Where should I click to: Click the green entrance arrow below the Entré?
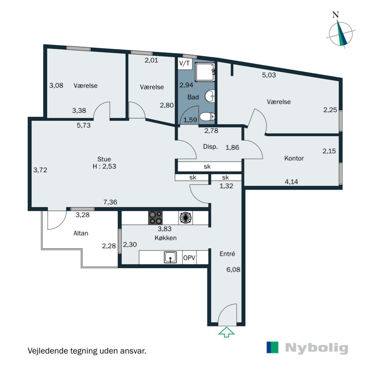click(226, 332)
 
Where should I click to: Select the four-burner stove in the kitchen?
click(155, 217)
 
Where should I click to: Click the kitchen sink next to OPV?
click(170, 257)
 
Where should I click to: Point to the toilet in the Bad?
click(207, 117)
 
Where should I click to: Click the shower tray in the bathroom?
click(205, 72)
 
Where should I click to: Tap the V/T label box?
click(185, 63)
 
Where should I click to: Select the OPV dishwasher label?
click(189, 258)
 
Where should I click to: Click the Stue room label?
click(104, 159)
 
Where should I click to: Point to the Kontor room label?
click(294, 158)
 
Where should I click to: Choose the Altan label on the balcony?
click(80, 233)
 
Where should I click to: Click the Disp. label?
click(210, 147)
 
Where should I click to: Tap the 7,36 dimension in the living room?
click(110, 202)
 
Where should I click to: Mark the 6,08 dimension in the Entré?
click(234, 270)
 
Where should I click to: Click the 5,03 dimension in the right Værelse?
click(269, 75)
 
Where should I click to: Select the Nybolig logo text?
click(316, 348)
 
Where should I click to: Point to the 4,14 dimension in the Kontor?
click(291, 182)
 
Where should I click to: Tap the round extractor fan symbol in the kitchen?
click(185, 217)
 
